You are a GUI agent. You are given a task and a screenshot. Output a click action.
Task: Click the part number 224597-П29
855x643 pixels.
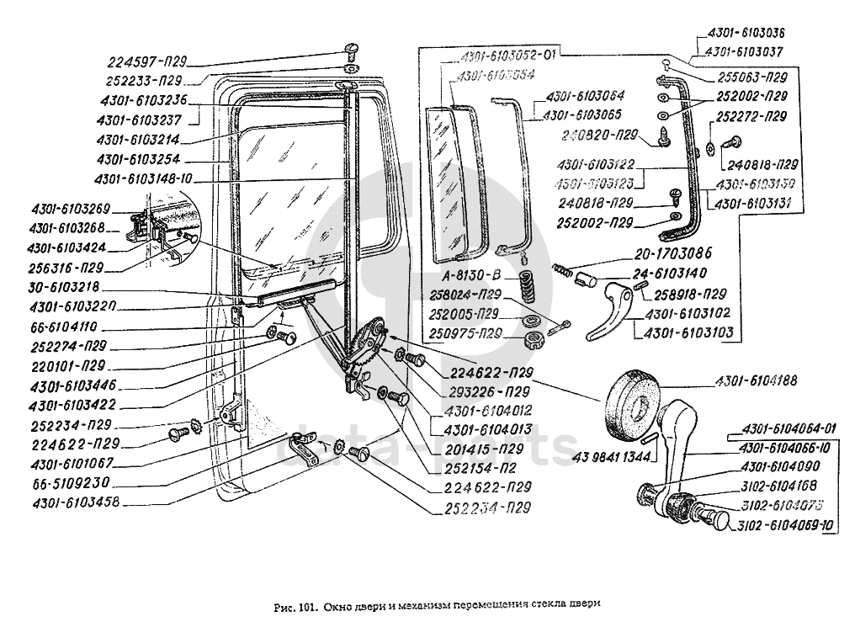147,61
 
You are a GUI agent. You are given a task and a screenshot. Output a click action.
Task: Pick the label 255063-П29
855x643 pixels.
751,76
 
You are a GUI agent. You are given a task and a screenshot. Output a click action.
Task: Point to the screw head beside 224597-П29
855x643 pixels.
351,49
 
